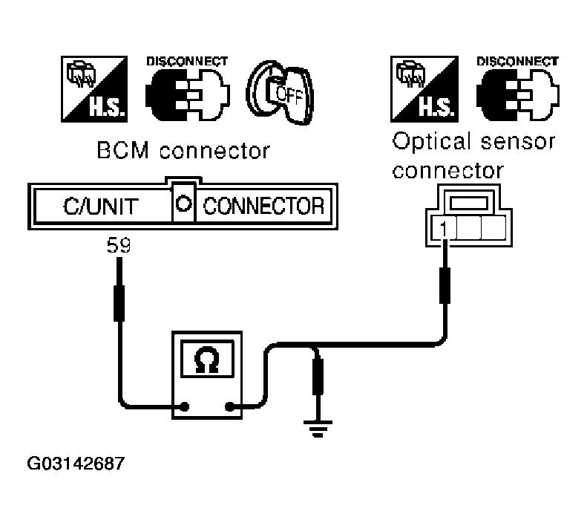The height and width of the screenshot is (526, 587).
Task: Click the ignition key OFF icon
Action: [x=280, y=92]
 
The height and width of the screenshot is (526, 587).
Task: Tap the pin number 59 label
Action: [x=119, y=245]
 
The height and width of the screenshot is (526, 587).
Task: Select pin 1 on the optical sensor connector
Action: [x=444, y=228]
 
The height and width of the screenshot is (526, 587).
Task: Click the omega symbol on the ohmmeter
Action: [x=206, y=359]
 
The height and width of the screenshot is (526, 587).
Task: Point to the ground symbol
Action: [x=318, y=429]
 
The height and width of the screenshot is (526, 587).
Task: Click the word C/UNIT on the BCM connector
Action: [x=101, y=207]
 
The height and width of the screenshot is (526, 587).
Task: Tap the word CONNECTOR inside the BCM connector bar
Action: [x=263, y=207]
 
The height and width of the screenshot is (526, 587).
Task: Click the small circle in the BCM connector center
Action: [x=184, y=204]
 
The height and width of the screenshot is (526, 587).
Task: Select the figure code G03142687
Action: [x=76, y=464]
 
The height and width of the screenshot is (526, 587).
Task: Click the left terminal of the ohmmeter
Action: [x=185, y=406]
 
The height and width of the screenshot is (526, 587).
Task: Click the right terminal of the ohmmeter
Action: [x=230, y=406]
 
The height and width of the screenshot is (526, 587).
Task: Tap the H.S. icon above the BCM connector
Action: [x=94, y=89]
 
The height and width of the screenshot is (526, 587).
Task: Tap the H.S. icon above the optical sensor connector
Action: [x=424, y=89]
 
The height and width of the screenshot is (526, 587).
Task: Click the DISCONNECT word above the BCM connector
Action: [x=187, y=62]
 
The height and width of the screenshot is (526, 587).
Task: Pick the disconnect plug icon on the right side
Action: [x=518, y=94]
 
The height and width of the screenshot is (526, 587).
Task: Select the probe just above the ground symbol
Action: [x=318, y=377]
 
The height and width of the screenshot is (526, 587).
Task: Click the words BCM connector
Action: [x=183, y=150]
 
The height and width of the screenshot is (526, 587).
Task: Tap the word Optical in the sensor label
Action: [x=431, y=142]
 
